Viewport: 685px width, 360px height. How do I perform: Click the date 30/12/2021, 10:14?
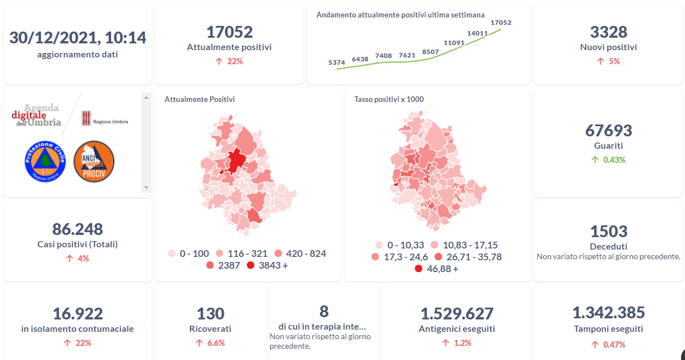[x=78, y=38]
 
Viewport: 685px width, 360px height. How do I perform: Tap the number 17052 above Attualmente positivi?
[x=229, y=32]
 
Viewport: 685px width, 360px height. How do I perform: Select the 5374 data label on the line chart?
[x=337, y=63]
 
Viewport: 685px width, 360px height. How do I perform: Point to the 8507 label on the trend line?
[x=430, y=52]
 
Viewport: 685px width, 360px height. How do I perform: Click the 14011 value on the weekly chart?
[x=478, y=33]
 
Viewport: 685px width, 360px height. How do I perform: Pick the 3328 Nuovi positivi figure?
[x=608, y=32]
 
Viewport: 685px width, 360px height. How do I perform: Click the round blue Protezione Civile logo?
[x=45, y=162]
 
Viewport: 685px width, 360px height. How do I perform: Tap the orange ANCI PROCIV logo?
[x=94, y=162]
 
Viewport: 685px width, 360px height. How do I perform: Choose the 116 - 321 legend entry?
[x=244, y=254]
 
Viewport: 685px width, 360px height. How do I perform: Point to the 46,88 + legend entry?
[x=436, y=269]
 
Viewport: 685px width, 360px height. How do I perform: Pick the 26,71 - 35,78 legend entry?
[x=469, y=257]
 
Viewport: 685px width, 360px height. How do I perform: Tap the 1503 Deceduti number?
[x=608, y=232]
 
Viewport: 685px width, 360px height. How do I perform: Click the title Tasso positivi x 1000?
[x=389, y=99]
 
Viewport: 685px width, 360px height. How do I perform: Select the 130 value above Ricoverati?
[x=210, y=313]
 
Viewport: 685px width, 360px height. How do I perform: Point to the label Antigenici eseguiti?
[x=457, y=328]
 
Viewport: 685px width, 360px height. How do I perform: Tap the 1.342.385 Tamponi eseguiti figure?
[x=608, y=313]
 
